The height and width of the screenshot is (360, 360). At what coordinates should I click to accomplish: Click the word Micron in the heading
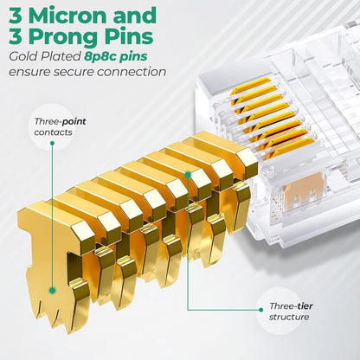pyautogui.click(x=68, y=16)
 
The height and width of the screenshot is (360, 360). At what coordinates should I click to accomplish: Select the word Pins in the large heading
pyautogui.click(x=137, y=36)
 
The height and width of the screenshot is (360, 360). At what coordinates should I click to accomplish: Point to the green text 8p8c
pyautogui.click(x=98, y=56)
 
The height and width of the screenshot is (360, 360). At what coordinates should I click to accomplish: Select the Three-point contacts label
pyautogui.click(x=60, y=126)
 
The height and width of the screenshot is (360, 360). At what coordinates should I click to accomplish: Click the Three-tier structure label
pyautogui.click(x=291, y=312)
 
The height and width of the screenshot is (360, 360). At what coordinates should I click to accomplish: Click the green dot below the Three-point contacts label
pyautogui.click(x=52, y=143)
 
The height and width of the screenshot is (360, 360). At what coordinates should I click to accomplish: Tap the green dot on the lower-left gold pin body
pyautogui.click(x=52, y=290)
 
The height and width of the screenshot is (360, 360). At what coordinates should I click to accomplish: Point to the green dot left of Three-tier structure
pyautogui.click(x=261, y=310)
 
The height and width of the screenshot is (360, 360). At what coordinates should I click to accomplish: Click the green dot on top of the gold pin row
pyautogui.click(x=188, y=174)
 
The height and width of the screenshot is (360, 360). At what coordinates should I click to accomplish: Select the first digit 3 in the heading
pyautogui.click(x=16, y=16)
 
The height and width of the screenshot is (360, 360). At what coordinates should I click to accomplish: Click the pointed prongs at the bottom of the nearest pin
pyautogui.click(x=49, y=314)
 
